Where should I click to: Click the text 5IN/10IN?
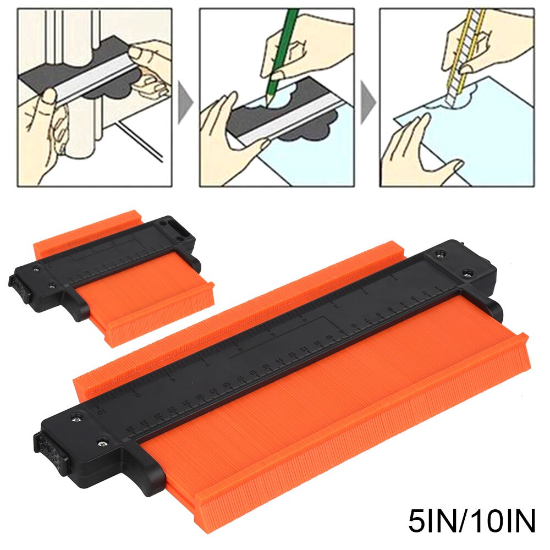[471, 522]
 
